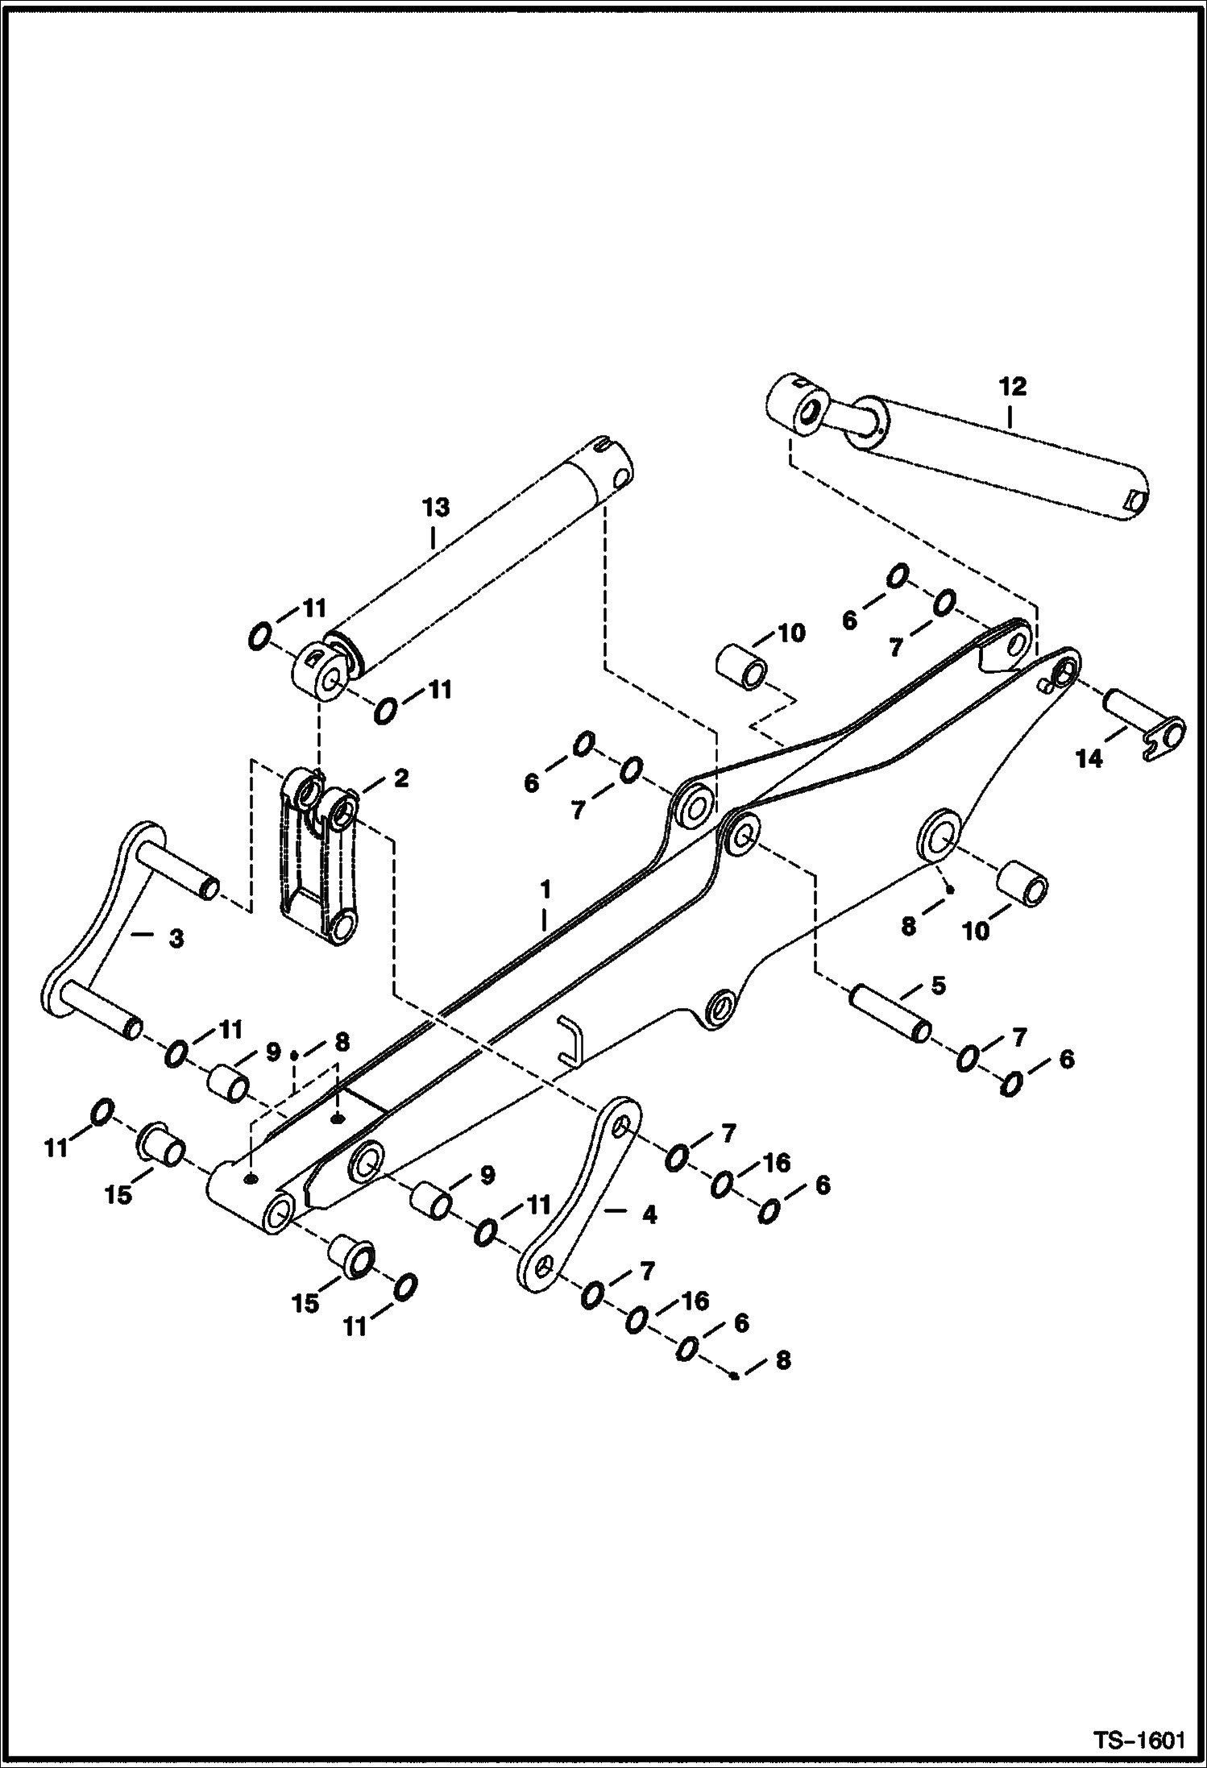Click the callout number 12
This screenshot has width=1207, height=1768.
tap(1013, 387)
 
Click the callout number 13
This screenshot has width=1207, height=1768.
tap(436, 508)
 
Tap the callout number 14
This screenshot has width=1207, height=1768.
tap(1089, 758)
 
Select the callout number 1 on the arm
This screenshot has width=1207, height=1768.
tap(545, 890)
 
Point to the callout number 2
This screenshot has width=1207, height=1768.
tap(400, 778)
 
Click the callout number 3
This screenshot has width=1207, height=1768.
tap(176, 938)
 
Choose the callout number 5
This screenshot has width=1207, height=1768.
tap(938, 986)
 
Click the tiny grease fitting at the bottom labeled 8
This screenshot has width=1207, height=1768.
tap(734, 1376)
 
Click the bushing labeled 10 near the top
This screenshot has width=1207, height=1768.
tap(741, 665)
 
